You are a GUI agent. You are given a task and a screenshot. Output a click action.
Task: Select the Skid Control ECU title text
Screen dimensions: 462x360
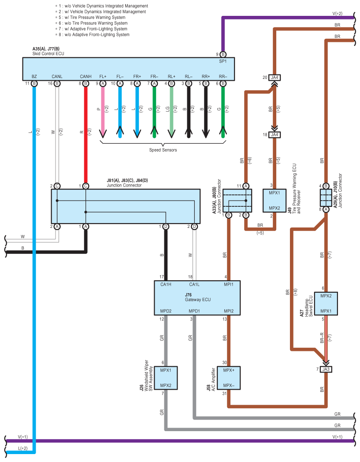click(48, 54)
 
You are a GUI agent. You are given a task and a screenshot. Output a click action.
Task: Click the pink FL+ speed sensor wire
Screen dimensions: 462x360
click(103, 110)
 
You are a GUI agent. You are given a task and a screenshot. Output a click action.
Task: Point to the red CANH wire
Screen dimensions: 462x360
click(85, 132)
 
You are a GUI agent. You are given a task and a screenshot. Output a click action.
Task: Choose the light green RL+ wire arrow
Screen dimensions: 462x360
click(171, 110)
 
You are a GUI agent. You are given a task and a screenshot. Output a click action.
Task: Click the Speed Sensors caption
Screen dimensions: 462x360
click(163, 150)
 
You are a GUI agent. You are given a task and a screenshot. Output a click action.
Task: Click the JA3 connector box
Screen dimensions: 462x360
click(326, 369)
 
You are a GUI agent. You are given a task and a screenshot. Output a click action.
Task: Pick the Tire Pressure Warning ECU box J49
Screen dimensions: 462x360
click(275, 201)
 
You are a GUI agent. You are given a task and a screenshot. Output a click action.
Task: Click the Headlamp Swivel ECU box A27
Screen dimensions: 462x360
click(326, 303)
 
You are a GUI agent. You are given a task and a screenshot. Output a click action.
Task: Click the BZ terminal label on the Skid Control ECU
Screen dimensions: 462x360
click(34, 76)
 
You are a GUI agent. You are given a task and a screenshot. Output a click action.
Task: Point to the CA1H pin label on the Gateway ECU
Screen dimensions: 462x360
click(165, 284)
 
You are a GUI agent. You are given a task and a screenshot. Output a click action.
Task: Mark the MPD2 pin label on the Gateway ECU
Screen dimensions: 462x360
click(165, 312)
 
